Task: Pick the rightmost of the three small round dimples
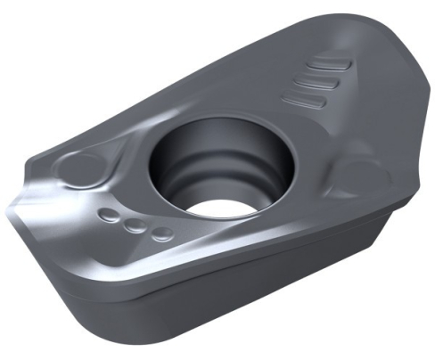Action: (161, 234)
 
